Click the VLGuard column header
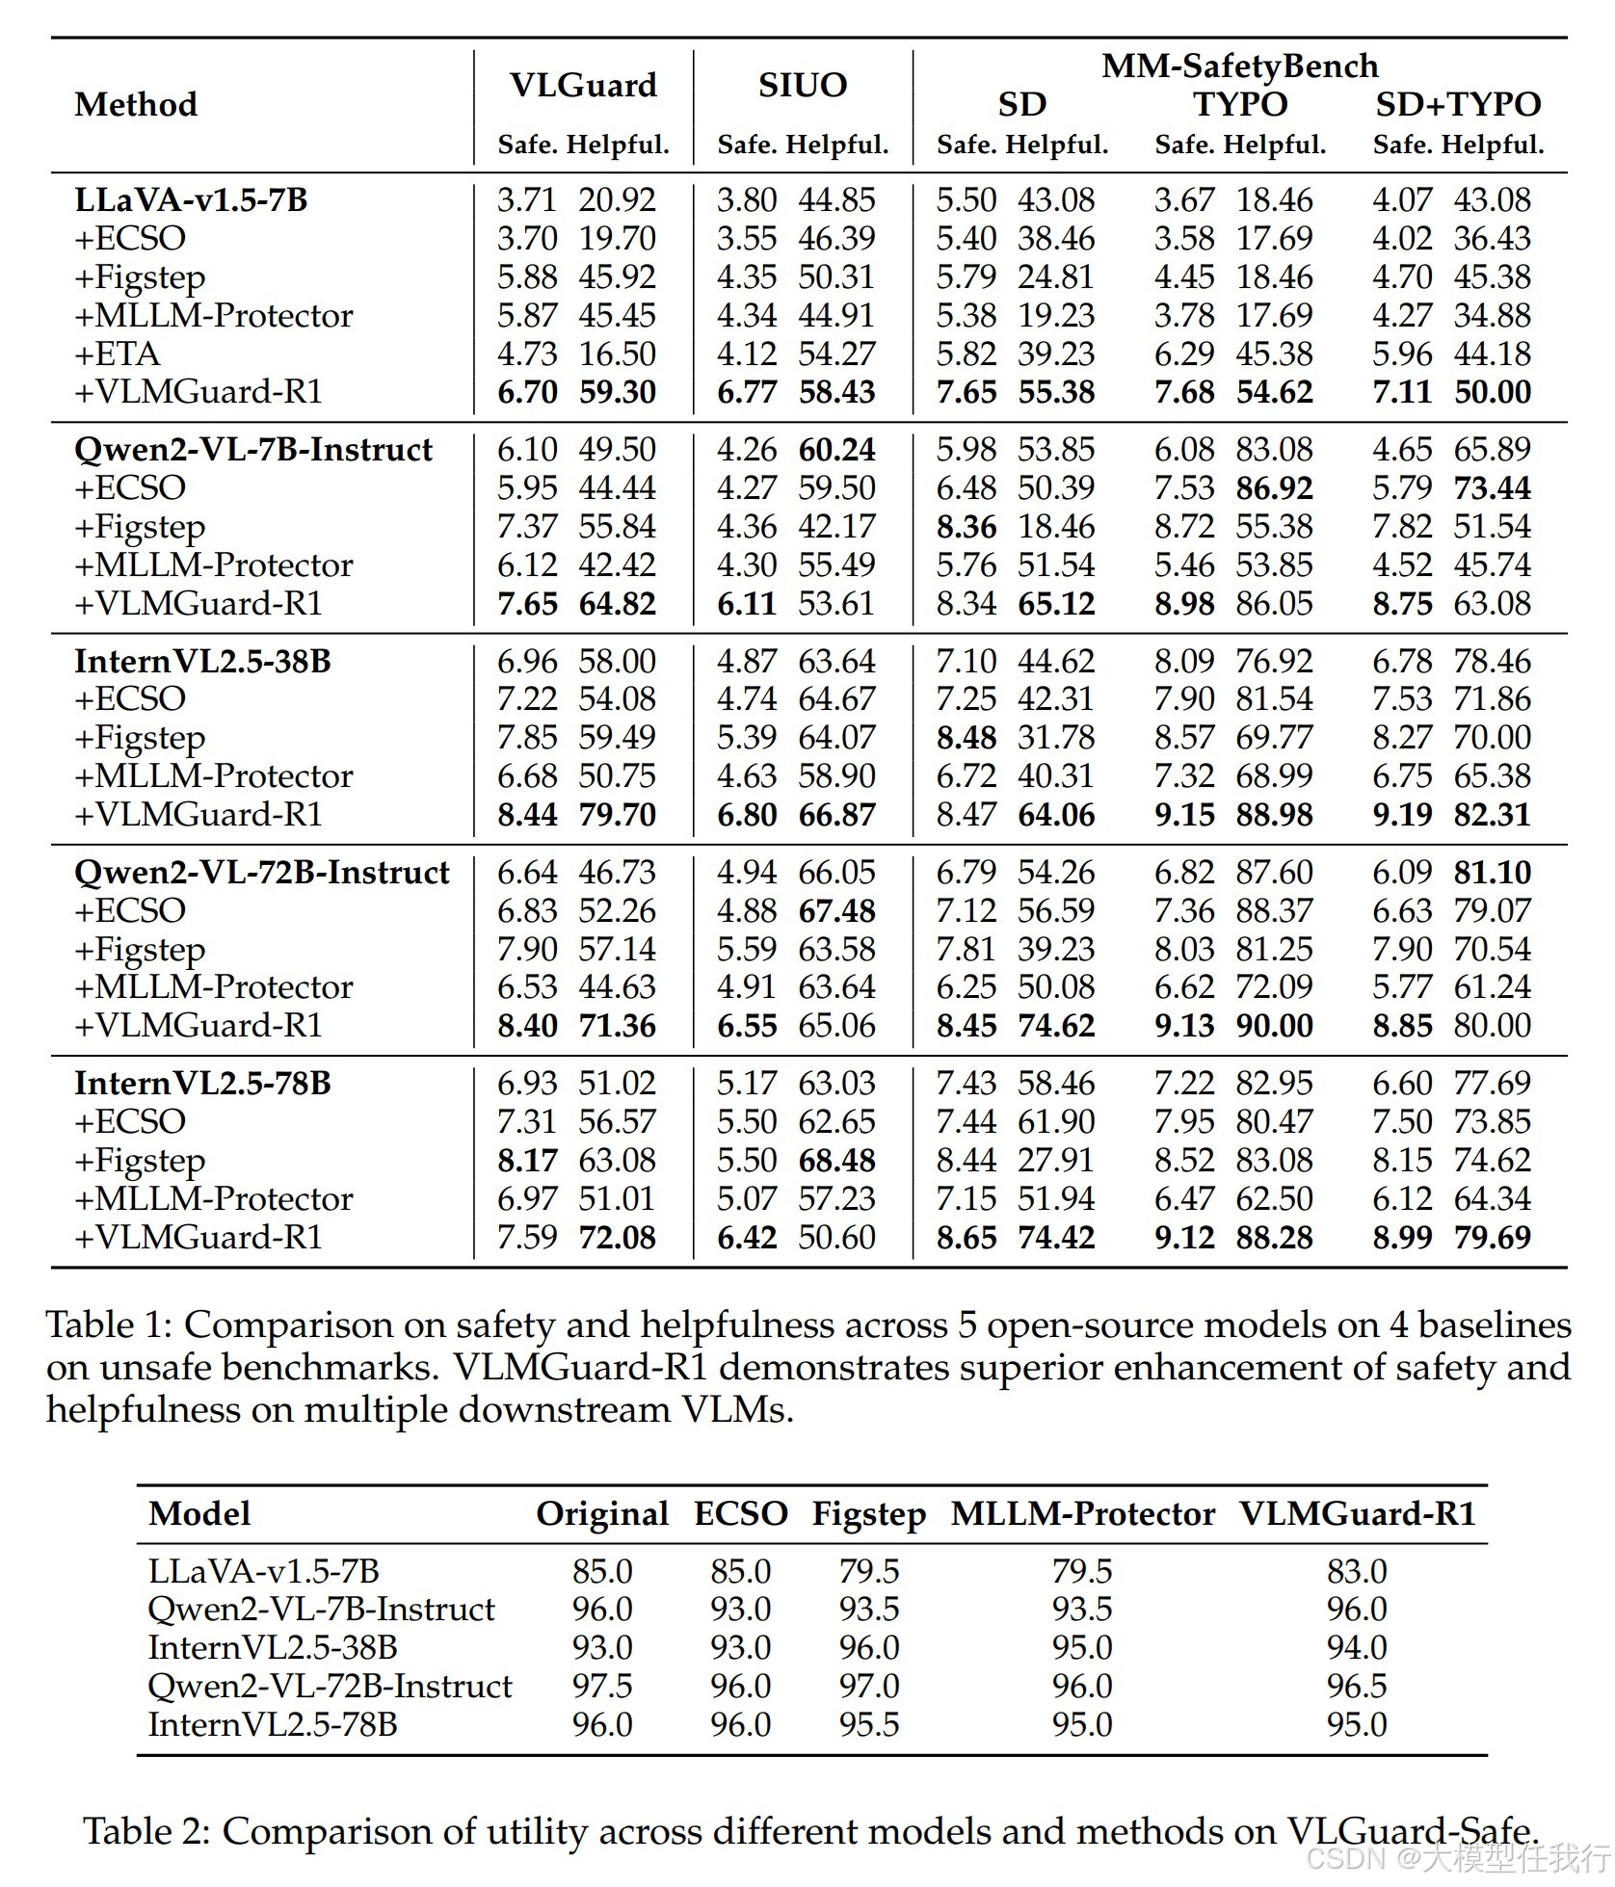(x=583, y=86)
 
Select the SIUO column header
(x=803, y=86)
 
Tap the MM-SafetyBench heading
(x=1240, y=66)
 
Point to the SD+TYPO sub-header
(x=1458, y=105)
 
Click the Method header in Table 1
(x=136, y=104)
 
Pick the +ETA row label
(x=118, y=354)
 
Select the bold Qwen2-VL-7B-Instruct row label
(x=253, y=450)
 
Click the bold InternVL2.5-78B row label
(x=202, y=1083)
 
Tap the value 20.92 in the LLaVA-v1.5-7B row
(x=617, y=200)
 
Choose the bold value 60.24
(x=836, y=450)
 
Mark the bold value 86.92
(x=1274, y=488)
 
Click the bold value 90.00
(x=1274, y=1025)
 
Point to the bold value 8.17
(x=527, y=1160)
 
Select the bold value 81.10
(x=1492, y=873)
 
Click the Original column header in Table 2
(x=602, y=1513)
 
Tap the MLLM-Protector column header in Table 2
(x=1082, y=1513)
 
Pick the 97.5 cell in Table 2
(x=602, y=1686)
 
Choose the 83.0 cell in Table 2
(x=1357, y=1571)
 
